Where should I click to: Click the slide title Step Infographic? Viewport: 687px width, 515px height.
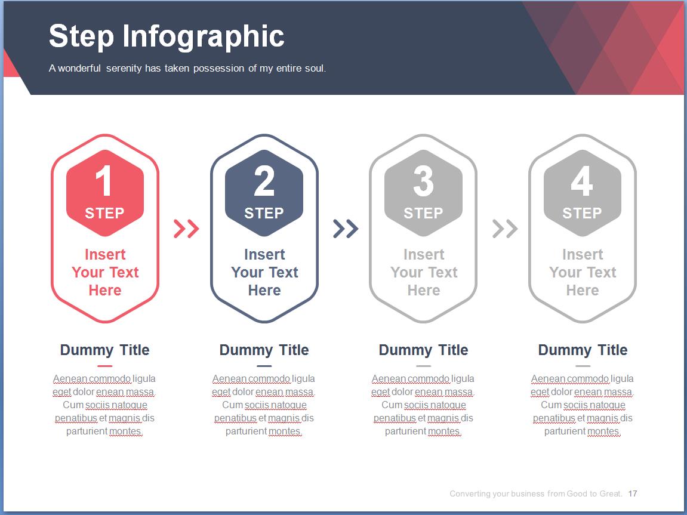pos(167,37)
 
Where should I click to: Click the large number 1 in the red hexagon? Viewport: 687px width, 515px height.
pos(104,180)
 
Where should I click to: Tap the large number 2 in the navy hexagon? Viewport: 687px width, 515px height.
pos(264,180)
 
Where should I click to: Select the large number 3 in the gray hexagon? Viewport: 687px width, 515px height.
pos(423,180)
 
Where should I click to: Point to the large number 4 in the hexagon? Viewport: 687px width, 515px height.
pos(582,180)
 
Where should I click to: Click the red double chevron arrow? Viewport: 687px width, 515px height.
pos(186,229)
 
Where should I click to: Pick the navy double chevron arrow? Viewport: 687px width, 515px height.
pos(346,229)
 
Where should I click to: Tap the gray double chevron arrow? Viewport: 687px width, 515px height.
pos(505,229)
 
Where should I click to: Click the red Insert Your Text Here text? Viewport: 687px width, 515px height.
pos(105,272)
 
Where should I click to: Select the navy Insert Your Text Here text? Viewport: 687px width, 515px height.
pos(264,272)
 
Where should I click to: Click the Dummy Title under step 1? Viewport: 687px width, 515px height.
pos(104,350)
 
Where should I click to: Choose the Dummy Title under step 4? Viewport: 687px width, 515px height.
pos(583,350)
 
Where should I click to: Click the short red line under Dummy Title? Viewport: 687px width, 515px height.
pos(104,366)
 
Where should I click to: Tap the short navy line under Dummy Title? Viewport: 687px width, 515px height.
pos(264,366)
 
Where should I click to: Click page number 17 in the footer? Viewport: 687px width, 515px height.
pos(632,494)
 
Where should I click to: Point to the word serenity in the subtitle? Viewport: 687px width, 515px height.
pos(124,68)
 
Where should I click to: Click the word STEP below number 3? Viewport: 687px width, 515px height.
pos(423,213)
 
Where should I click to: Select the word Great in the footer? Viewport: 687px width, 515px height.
pos(610,494)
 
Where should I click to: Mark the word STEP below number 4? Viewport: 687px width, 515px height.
pos(582,213)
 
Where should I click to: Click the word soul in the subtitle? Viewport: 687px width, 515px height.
pos(316,68)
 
